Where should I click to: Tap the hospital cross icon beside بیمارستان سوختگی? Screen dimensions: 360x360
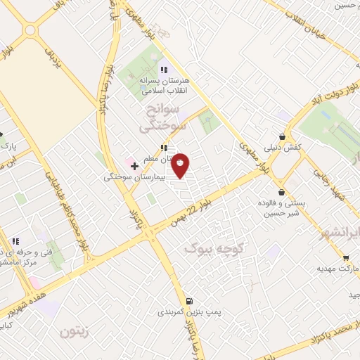pyautogui.click(x=135, y=166)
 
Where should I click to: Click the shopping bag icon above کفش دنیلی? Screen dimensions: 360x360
pyautogui.click(x=282, y=137)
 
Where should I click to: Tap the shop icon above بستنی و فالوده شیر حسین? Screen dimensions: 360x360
pyautogui.click(x=281, y=192)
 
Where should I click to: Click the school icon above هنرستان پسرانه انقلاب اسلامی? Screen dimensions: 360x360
pyautogui.click(x=164, y=70)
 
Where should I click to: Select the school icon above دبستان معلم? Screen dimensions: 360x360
pyautogui.click(x=164, y=148)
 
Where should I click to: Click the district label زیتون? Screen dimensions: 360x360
pyautogui.click(x=75, y=330)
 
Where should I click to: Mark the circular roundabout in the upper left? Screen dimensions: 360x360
pyautogui.click(x=29, y=30)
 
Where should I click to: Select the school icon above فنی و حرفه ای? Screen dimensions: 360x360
pyautogui.click(x=15, y=241)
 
